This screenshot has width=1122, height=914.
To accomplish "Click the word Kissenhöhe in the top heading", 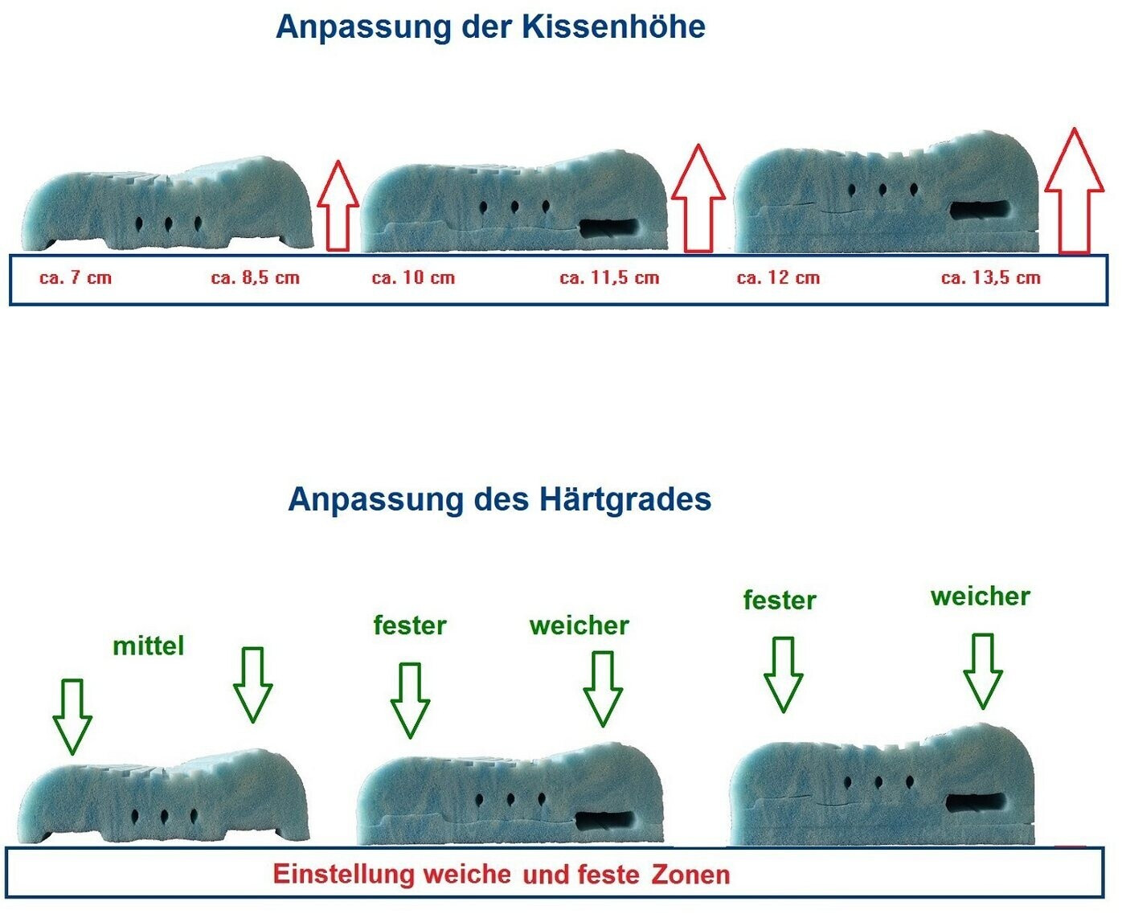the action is [613, 27].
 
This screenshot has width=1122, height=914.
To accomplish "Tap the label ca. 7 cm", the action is [76, 278].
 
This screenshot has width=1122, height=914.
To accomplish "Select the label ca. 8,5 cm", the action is [255, 278].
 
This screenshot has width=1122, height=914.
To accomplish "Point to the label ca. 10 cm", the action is [413, 278].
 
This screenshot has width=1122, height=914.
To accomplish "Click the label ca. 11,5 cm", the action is [609, 278].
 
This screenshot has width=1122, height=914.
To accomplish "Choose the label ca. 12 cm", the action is [778, 278].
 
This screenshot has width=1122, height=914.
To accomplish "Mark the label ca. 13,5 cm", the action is [990, 278].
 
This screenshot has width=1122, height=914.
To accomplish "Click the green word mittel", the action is [149, 646].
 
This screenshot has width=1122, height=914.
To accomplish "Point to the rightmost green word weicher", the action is [980, 596].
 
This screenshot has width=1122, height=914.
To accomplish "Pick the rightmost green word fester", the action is [779, 600].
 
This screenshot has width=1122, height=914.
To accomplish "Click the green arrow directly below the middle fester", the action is [410, 699].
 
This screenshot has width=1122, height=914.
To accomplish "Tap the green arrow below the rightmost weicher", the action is [982, 670].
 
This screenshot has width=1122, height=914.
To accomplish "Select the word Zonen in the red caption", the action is [690, 875].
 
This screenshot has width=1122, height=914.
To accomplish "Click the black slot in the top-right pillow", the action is [979, 210].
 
